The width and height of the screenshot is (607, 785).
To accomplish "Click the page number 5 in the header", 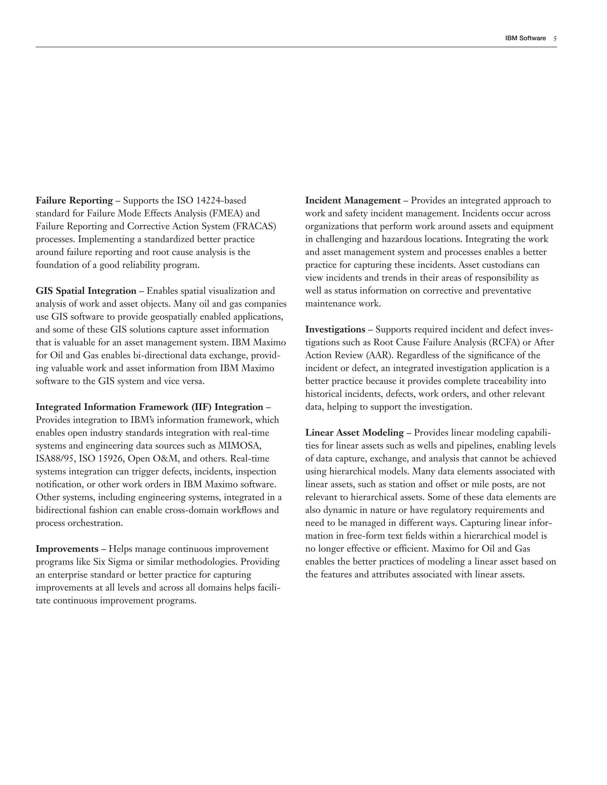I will click(555, 39).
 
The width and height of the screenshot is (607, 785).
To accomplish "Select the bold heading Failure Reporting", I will click(74, 201).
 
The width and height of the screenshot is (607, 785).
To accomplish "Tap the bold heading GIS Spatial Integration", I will click(86, 291).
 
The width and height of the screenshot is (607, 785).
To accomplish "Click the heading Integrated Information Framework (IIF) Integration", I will click(150, 407).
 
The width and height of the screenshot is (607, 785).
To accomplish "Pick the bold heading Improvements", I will click(67, 549).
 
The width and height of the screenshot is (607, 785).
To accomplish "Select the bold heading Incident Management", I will click(353, 201).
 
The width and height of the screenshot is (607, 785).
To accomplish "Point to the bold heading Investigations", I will click(335, 330).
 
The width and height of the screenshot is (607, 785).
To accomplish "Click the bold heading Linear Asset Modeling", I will click(354, 433).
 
